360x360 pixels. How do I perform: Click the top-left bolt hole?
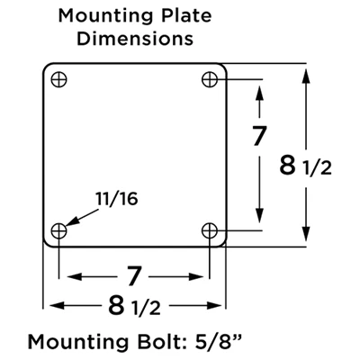coord(59,78)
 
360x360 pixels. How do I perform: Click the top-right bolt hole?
coord(210,78)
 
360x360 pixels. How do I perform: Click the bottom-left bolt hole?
coord(59,230)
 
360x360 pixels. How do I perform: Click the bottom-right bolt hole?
coord(210,230)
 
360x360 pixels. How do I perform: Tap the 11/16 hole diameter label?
coord(115,197)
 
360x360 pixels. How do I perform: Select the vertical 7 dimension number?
coord(260,138)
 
